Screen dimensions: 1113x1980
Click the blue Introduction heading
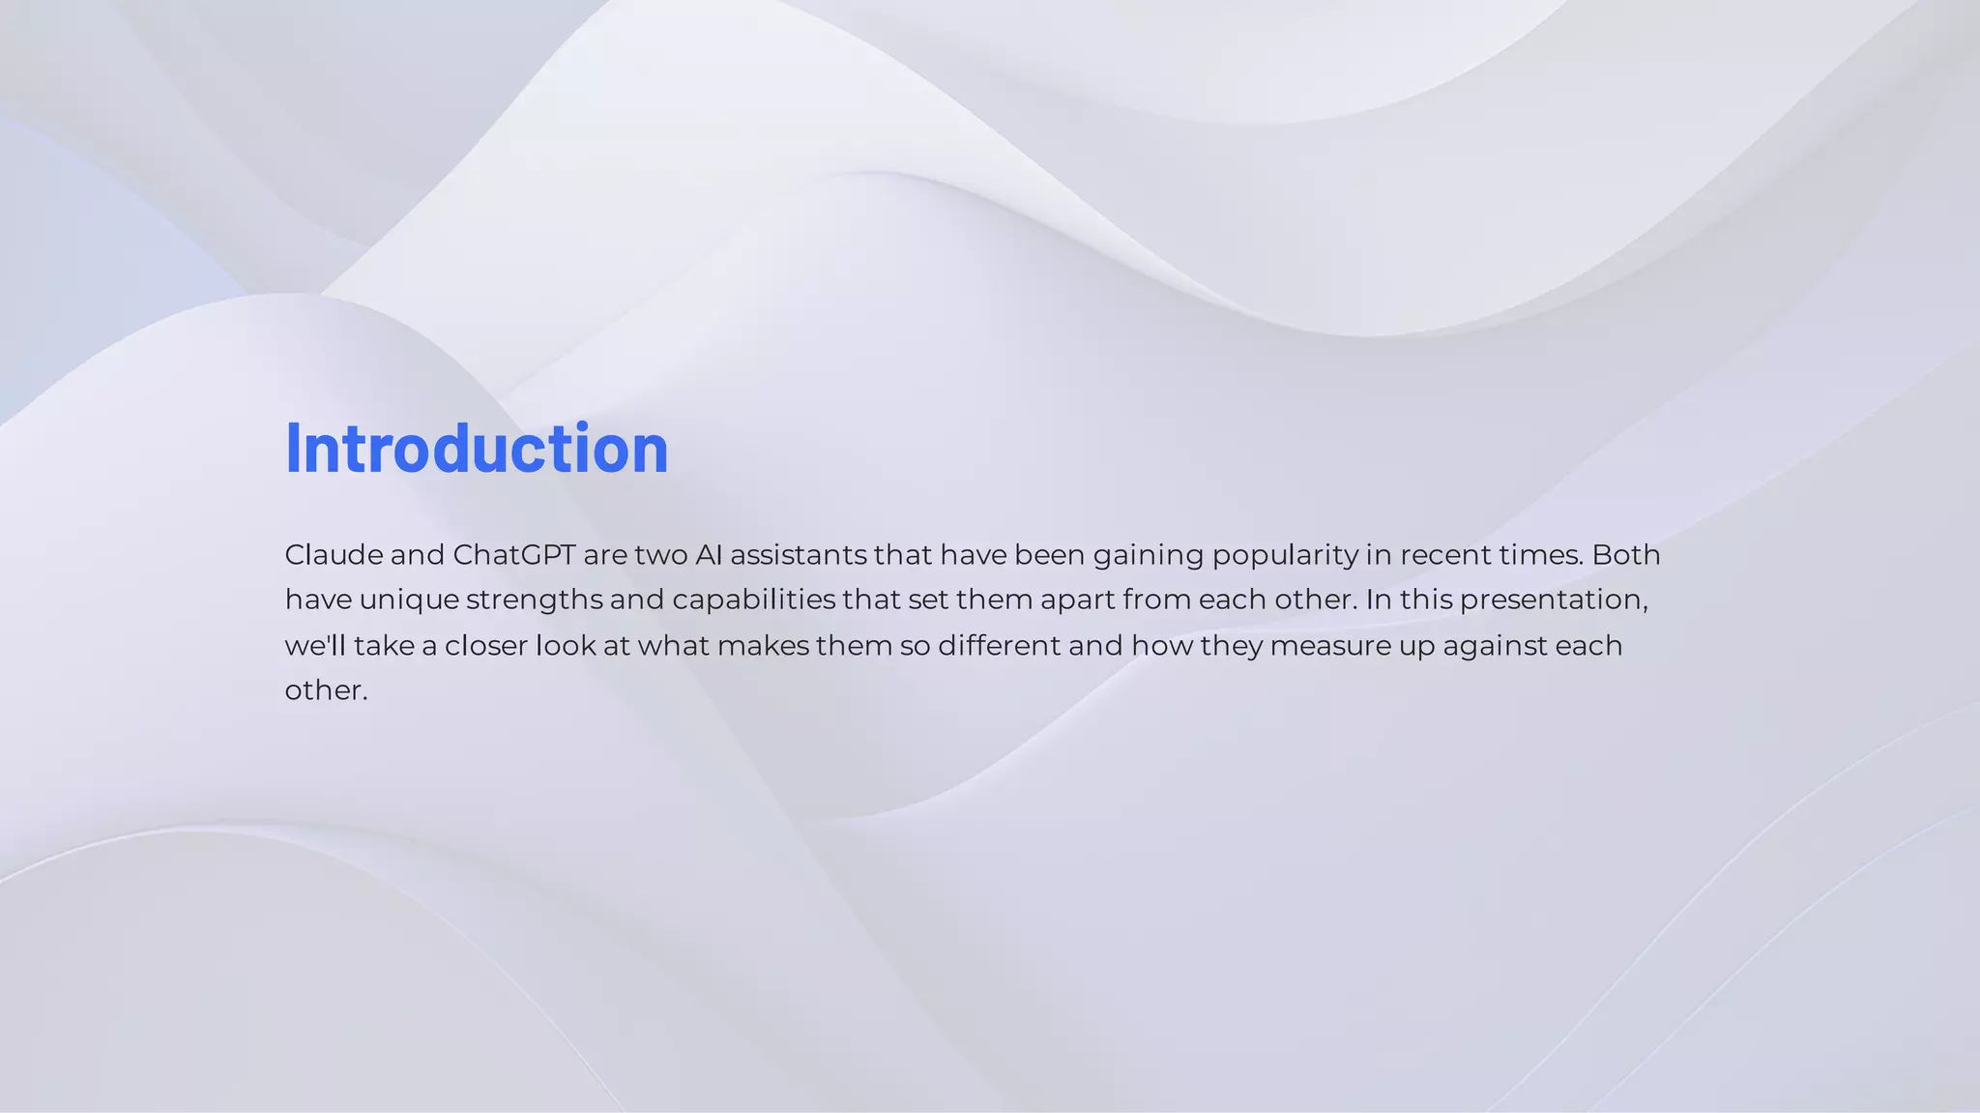[x=476, y=449]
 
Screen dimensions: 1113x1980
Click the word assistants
[x=799, y=555]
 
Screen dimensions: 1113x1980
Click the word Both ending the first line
[x=1626, y=555]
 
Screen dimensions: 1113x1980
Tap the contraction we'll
[x=314, y=645]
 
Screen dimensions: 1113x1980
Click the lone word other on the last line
[x=325, y=690]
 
